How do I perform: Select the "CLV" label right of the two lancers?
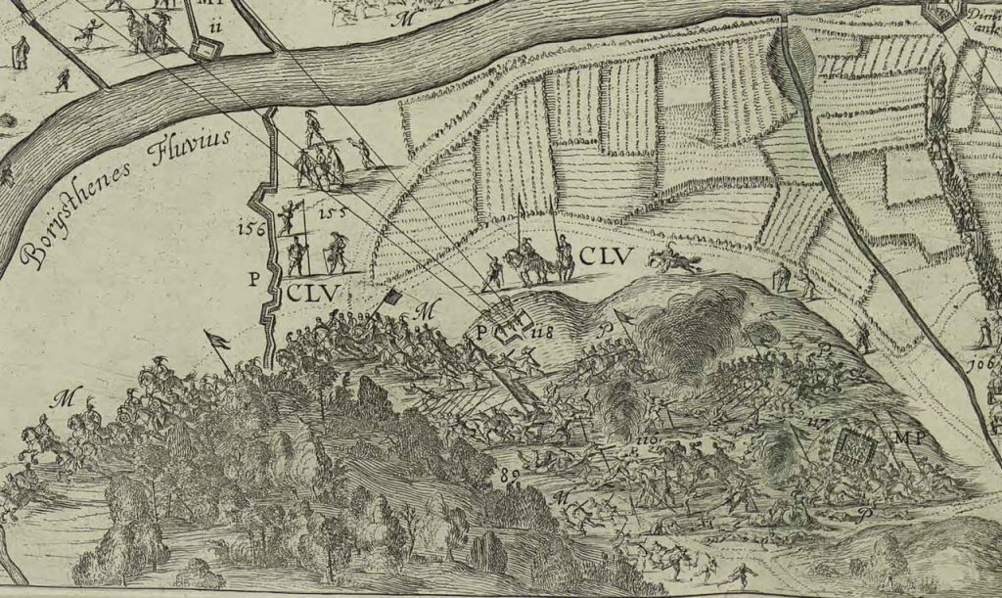[x=607, y=257]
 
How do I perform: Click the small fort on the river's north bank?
[x=206, y=49]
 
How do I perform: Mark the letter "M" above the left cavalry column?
[x=66, y=397]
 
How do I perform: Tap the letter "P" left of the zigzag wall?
[x=253, y=279]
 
